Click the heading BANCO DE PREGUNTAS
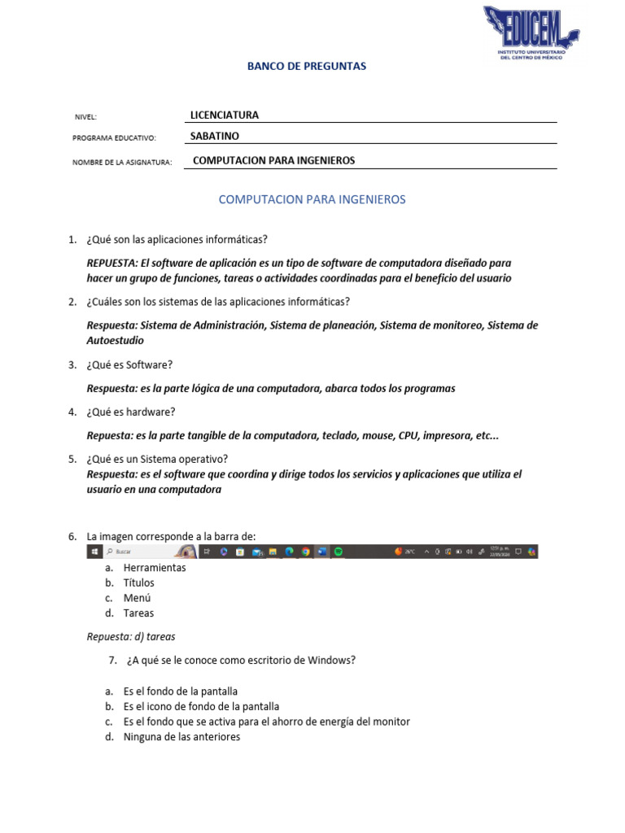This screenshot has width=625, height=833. [307, 67]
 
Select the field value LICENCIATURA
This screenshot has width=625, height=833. [224, 116]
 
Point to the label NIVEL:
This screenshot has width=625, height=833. [85, 118]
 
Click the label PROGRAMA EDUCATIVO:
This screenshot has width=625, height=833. [114, 139]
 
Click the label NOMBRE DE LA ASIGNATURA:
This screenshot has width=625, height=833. [122, 163]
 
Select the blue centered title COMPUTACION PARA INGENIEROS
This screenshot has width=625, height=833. [312, 199]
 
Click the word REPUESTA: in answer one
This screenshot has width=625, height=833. [112, 264]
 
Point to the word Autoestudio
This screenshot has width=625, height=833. [115, 340]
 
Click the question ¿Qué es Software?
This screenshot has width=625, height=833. [129, 365]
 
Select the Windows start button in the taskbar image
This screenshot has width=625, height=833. [95, 552]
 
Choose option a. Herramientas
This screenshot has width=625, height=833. [155, 568]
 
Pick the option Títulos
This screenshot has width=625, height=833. [138, 583]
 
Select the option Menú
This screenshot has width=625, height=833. [137, 598]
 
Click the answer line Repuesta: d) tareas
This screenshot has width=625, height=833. [131, 637]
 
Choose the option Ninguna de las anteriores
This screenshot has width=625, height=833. [181, 737]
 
